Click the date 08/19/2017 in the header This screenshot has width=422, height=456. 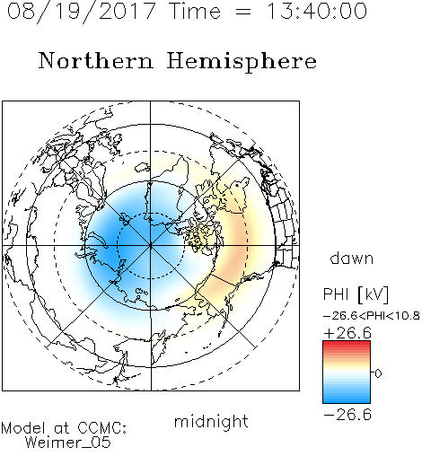(82, 12)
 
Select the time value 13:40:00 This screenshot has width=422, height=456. (317, 11)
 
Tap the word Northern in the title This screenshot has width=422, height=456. (96, 60)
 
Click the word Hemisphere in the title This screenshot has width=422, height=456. (242, 62)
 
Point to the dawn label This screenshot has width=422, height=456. (352, 258)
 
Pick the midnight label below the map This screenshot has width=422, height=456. (211, 421)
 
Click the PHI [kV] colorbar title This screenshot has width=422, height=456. (356, 294)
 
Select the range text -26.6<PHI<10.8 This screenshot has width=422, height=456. (372, 316)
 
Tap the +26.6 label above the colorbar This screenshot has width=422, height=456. (347, 333)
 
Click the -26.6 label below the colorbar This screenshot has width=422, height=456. (347, 415)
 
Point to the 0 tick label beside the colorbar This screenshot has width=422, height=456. (378, 373)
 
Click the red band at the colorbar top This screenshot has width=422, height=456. (347, 344)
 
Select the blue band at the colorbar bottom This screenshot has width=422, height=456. (347, 399)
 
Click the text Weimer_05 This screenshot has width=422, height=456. (68, 443)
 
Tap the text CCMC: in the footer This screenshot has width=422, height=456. (101, 428)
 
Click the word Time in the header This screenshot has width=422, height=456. (195, 11)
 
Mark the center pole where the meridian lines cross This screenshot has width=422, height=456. (151, 246)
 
